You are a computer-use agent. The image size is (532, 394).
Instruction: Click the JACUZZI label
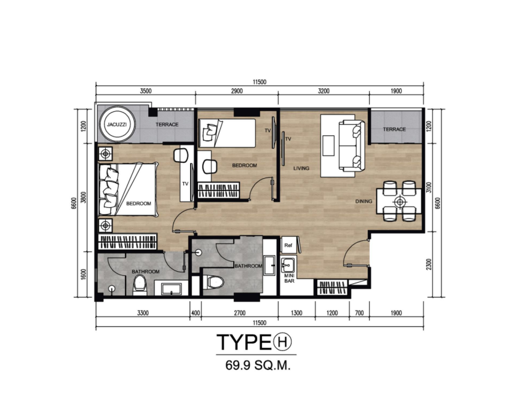(x=117, y=124)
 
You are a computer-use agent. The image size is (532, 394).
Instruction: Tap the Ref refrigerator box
(x=288, y=245)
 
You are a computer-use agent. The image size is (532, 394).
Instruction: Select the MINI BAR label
(x=289, y=278)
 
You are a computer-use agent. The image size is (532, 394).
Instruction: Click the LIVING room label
(x=301, y=168)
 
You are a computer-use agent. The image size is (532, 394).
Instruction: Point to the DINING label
(x=363, y=202)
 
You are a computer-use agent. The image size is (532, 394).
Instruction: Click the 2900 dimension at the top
(x=237, y=91)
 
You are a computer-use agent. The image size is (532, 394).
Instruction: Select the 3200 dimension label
(x=324, y=91)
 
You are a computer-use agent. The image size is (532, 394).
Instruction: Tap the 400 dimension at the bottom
(x=196, y=313)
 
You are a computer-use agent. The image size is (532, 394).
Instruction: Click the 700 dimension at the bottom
(x=359, y=313)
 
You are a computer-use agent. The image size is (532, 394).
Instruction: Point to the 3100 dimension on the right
(x=429, y=187)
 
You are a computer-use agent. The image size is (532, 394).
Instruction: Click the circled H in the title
(x=282, y=342)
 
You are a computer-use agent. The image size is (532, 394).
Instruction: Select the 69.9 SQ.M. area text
(x=258, y=366)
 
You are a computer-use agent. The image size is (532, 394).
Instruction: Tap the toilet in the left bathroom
(x=140, y=284)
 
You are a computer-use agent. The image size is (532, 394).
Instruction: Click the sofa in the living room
(x=352, y=146)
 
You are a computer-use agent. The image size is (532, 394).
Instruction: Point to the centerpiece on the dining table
(x=400, y=202)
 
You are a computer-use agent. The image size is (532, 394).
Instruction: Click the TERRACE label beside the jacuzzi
(x=167, y=124)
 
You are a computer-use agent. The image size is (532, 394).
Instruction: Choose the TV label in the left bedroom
(x=185, y=184)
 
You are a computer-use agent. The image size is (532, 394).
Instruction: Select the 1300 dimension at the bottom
(x=296, y=313)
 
